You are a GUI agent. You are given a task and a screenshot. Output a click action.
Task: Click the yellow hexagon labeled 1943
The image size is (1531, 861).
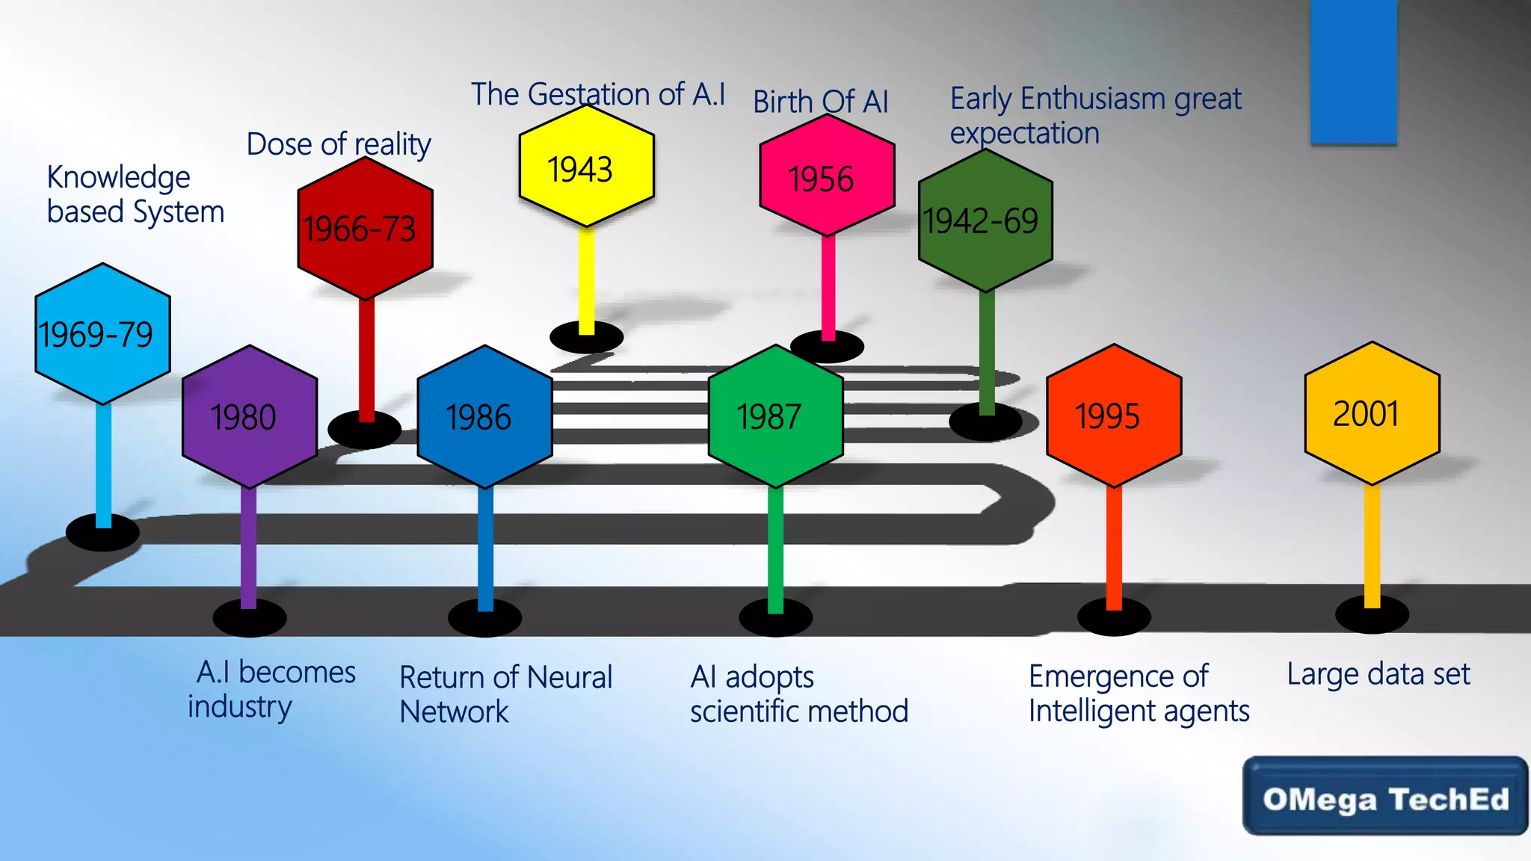[587, 166]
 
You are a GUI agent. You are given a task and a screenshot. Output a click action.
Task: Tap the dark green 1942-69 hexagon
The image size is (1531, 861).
[985, 220]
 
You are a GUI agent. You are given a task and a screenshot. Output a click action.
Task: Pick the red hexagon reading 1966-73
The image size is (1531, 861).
[365, 228]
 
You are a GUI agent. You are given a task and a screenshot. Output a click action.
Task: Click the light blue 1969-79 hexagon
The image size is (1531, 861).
[102, 333]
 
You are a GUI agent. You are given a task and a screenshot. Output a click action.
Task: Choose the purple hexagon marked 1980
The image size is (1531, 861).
[250, 416]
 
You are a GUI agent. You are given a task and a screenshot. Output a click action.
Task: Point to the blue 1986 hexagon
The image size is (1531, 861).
[484, 416]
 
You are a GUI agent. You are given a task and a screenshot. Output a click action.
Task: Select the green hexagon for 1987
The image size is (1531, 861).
[775, 416]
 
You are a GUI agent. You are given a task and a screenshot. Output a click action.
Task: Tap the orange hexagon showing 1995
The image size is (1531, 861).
[1113, 416]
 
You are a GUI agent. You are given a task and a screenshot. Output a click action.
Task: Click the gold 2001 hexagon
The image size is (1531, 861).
[1372, 413]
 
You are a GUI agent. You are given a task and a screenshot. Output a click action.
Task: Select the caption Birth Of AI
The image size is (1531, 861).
[820, 102]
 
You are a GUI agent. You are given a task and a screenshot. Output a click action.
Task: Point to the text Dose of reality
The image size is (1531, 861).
[339, 143]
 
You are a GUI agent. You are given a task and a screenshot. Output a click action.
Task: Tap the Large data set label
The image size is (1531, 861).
[1378, 674]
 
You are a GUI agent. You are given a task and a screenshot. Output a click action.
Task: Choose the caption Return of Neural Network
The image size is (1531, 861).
[505, 694]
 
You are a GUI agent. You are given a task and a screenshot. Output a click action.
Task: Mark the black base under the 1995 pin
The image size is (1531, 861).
[1113, 618]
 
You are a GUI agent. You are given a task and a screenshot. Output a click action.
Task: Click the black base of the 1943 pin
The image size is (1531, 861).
[586, 338]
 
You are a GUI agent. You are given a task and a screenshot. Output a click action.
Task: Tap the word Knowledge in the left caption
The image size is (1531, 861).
[118, 178]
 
